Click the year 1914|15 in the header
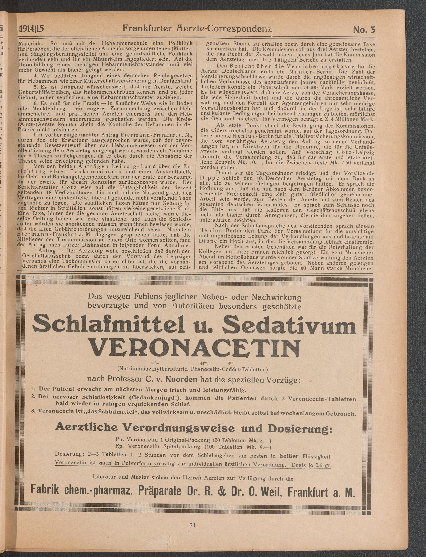pyautogui.click(x=32, y=29)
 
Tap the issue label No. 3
pyautogui.click(x=364, y=29)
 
